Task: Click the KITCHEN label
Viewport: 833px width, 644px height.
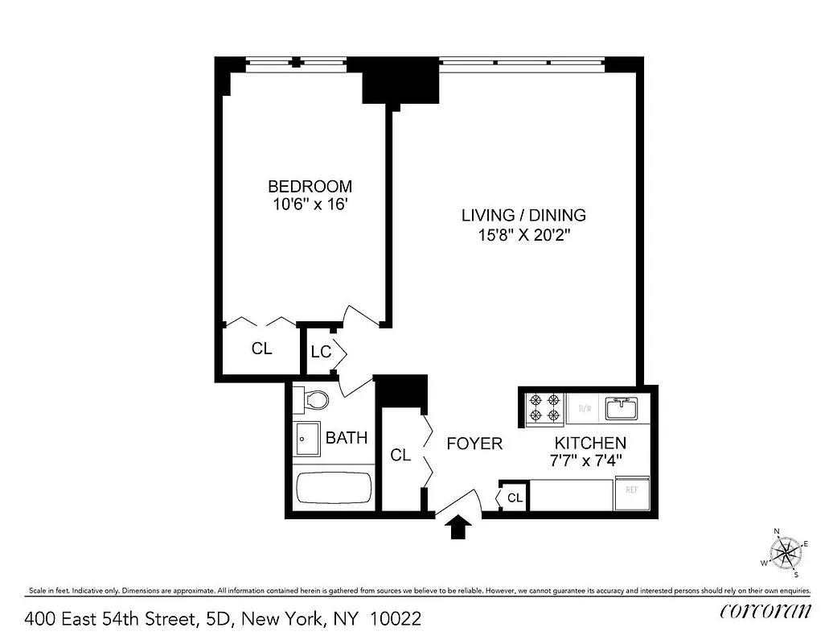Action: click(589, 443)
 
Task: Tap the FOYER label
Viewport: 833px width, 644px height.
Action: click(474, 444)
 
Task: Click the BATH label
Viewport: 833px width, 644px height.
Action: click(347, 438)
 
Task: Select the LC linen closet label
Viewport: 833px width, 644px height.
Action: click(321, 352)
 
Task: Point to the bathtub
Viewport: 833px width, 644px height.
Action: click(333, 488)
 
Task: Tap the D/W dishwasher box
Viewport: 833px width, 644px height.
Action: click(585, 408)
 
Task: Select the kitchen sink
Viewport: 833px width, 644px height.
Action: click(621, 408)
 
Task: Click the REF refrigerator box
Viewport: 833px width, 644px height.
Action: click(632, 490)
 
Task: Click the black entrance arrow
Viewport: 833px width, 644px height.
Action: click(459, 527)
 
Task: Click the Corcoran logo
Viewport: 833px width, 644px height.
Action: click(765, 610)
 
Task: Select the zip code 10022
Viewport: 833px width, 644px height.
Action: click(395, 619)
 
